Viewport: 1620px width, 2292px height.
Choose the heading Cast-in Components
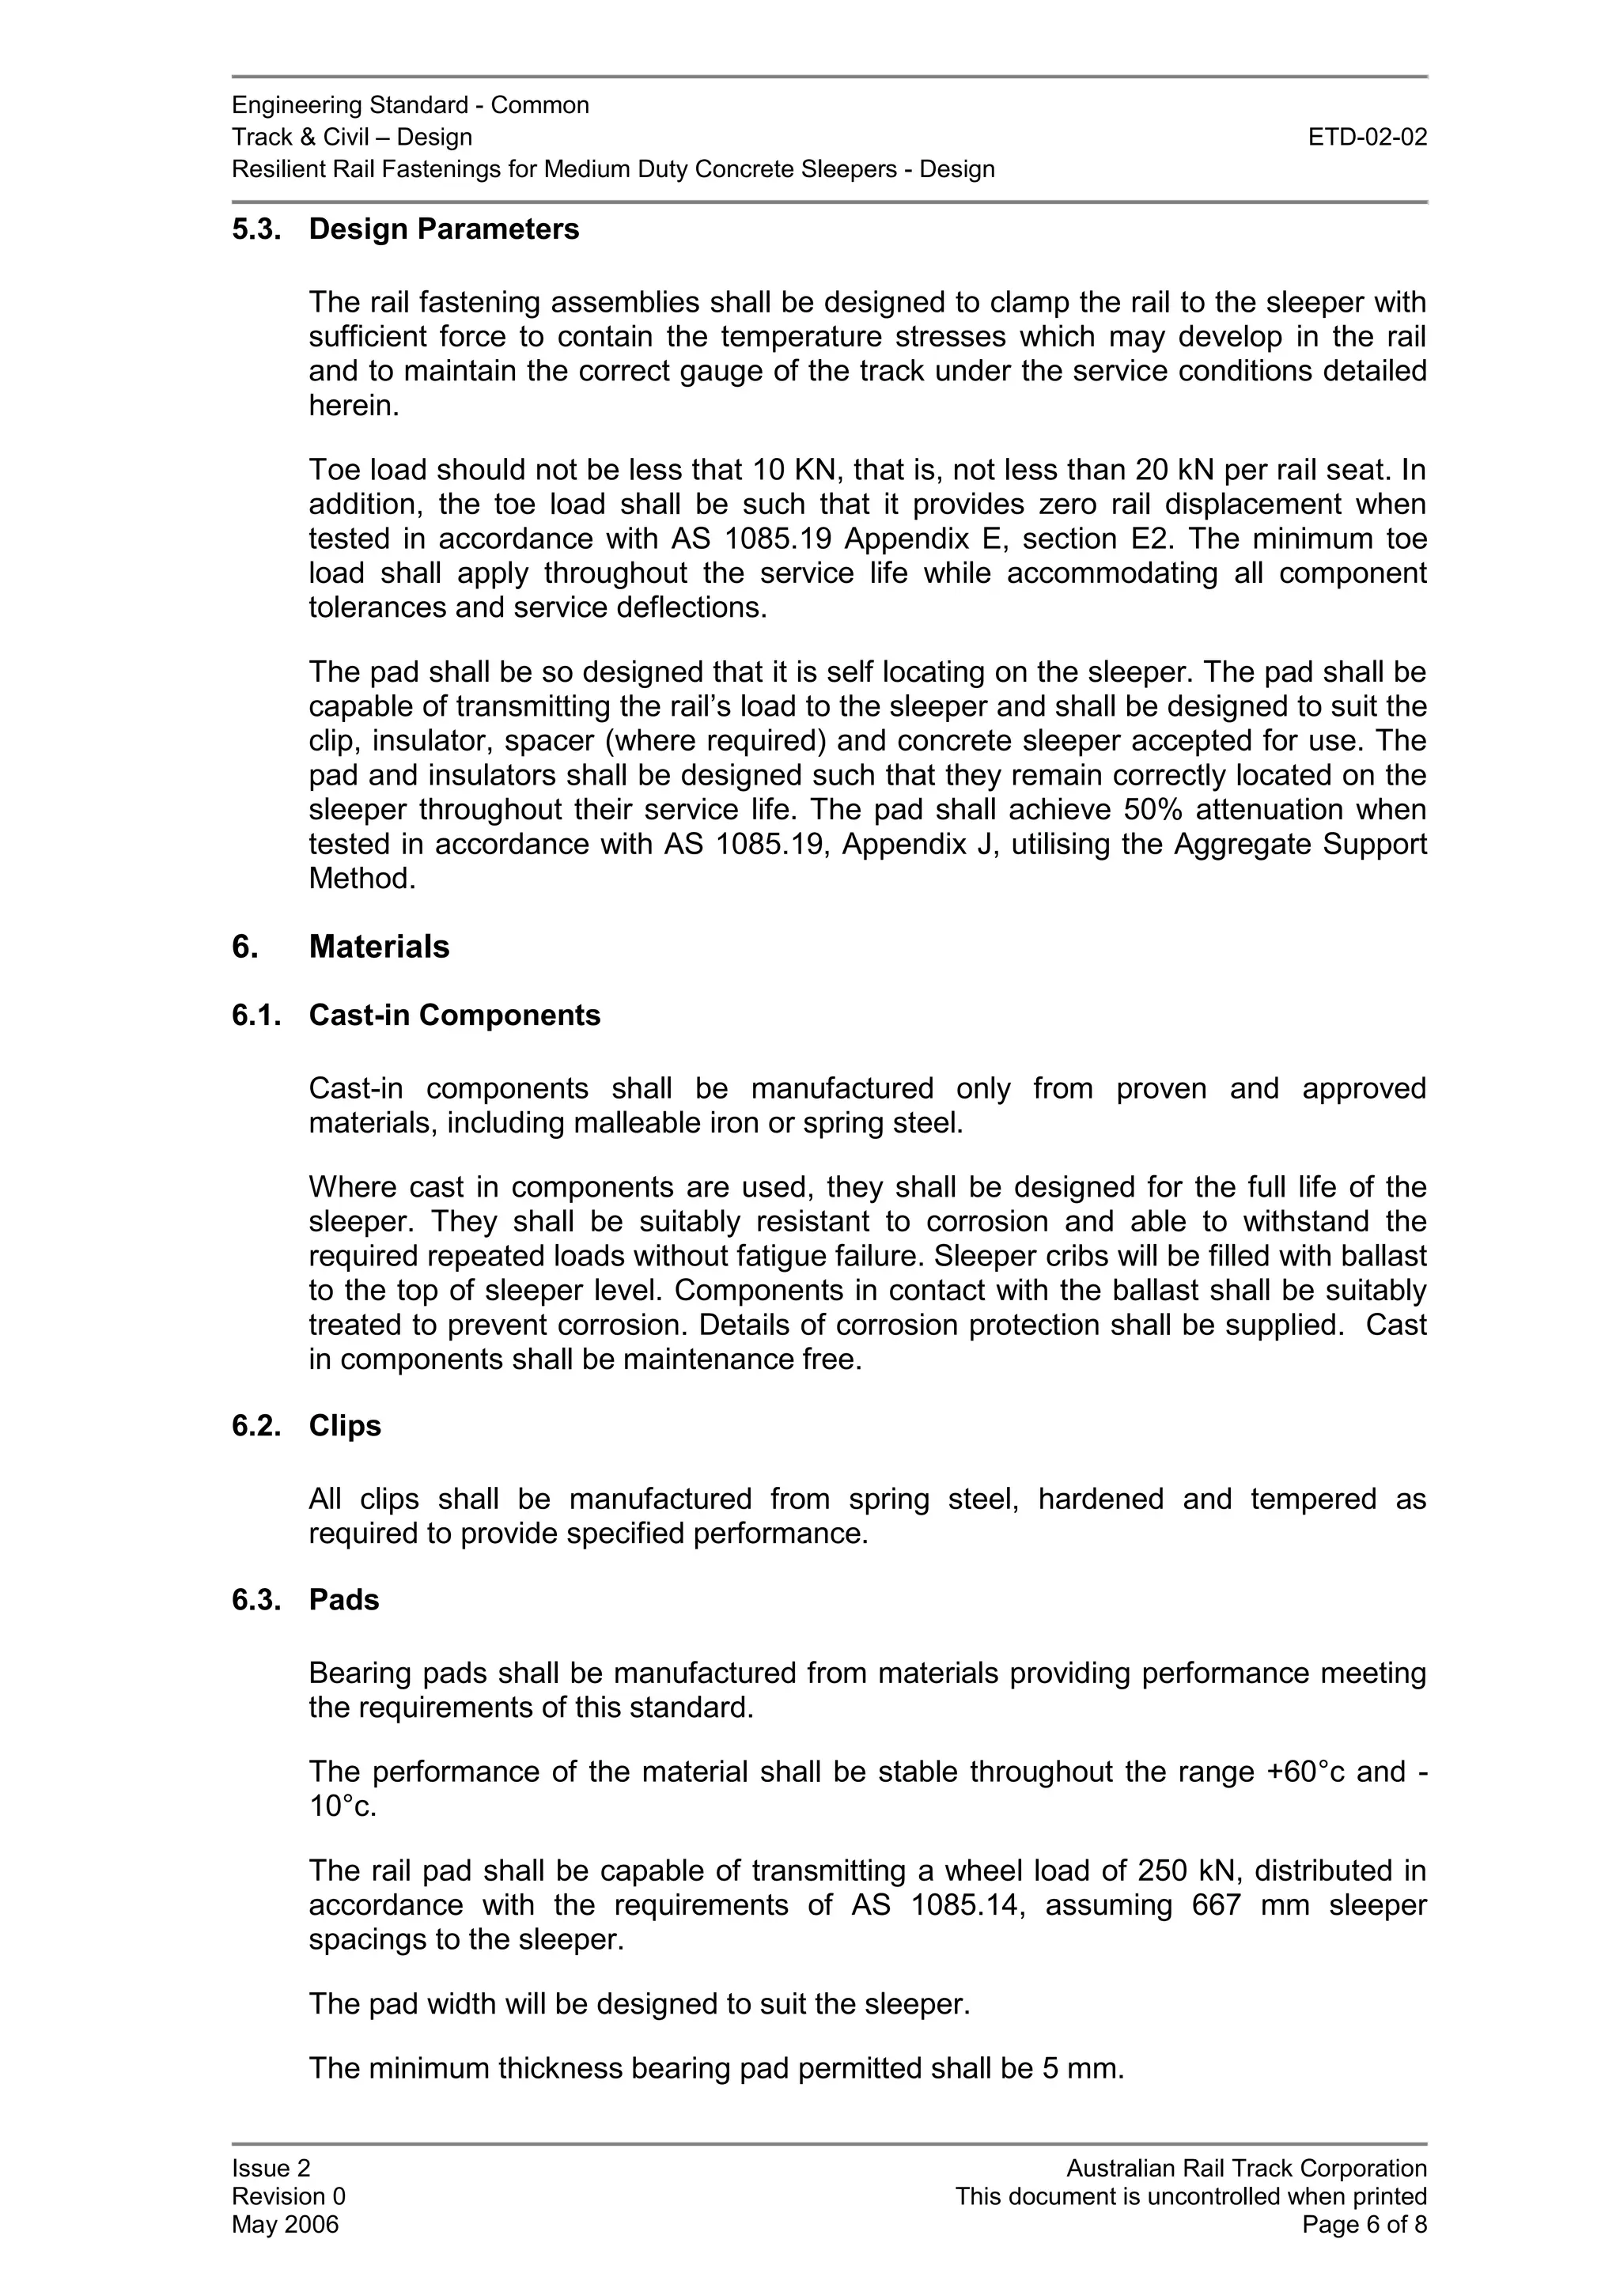pyautogui.click(x=454, y=1016)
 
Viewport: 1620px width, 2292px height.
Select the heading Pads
pyautogui.click(x=343, y=1600)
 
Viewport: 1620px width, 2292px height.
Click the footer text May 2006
pyautogui.click(x=285, y=2225)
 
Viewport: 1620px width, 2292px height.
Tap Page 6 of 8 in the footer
pyautogui.click(x=1364, y=2225)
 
